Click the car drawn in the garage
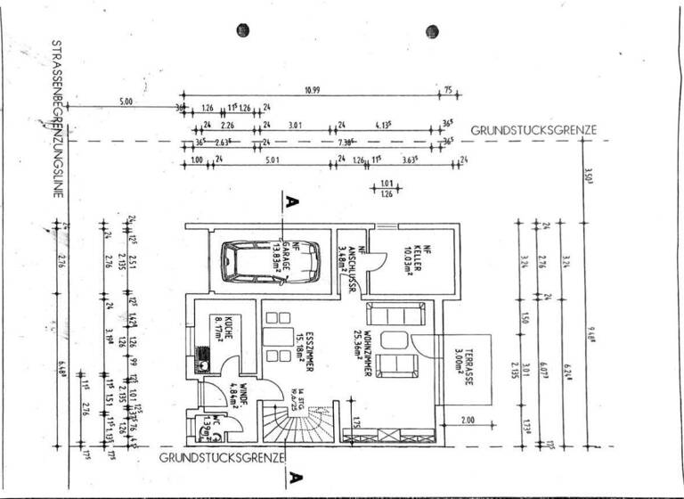coord(259,260)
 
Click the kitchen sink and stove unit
coord(201,361)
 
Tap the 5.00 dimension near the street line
coord(124,102)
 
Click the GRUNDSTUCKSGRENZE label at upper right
coord(533,130)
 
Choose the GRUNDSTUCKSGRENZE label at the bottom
coord(222,457)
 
